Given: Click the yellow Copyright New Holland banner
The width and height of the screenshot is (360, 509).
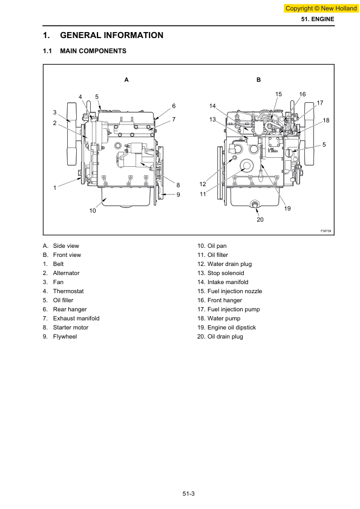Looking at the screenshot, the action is (321, 8).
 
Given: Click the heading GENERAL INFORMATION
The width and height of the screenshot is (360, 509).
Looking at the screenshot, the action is (111, 35).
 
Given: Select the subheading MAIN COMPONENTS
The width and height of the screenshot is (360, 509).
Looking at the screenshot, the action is (93, 51).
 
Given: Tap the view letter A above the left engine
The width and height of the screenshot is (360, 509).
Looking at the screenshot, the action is (126, 80).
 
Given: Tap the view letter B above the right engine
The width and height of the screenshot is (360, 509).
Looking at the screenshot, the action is (258, 80).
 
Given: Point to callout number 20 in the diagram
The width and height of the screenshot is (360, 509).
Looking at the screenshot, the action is (260, 220).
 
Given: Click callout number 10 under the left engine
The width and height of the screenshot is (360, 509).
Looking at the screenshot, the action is (93, 211).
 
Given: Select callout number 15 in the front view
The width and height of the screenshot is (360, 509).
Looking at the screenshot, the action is (278, 94).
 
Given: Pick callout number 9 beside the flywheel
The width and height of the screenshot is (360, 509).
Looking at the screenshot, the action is (178, 195).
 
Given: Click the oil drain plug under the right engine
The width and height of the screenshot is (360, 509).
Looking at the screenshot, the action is (255, 204).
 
